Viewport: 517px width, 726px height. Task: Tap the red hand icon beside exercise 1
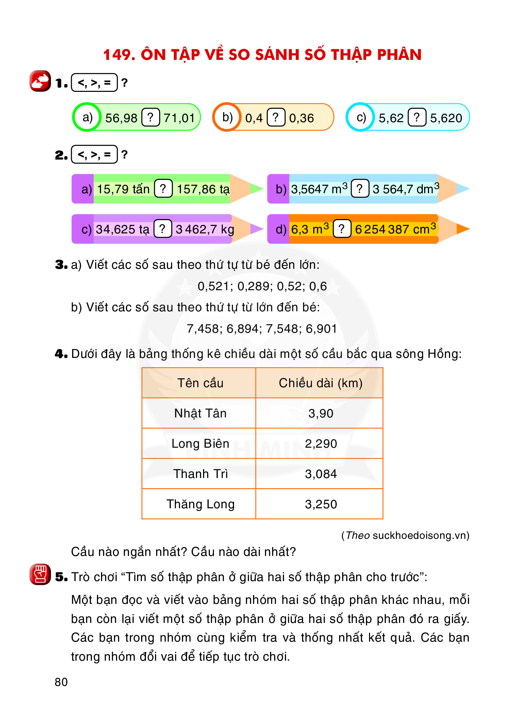[40, 81]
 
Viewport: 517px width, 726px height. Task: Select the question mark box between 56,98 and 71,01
[150, 117]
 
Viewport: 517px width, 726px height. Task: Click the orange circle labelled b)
[227, 117]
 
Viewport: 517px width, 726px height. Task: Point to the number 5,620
[446, 118]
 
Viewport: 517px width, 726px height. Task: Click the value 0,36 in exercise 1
[301, 118]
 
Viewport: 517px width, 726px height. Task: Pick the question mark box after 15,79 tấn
[163, 189]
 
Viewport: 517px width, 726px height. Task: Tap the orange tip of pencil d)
[463, 229]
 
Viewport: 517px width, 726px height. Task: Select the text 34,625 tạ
[122, 229]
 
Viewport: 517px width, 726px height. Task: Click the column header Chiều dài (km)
[320, 383]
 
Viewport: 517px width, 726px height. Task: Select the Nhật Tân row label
[200, 413]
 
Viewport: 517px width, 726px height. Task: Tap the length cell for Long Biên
[320, 444]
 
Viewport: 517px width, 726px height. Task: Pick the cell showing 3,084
[320, 474]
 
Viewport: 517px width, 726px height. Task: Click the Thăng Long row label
[200, 504]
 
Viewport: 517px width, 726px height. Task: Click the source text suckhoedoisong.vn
[420, 535]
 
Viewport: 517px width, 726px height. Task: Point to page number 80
[61, 682]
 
